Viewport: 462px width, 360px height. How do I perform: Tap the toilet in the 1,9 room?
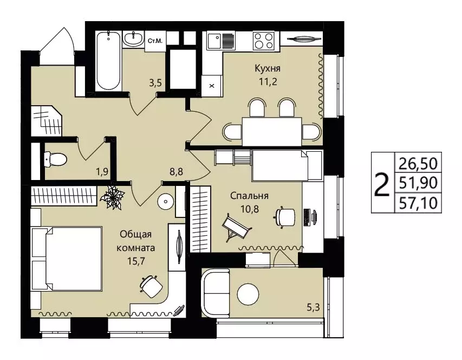click(x=55, y=159)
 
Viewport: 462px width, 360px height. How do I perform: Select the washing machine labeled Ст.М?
click(x=155, y=41)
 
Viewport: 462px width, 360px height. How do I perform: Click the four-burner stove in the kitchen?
click(x=264, y=40)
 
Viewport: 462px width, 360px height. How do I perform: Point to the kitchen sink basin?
click(x=214, y=41)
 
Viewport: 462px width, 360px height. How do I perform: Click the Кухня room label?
click(x=267, y=68)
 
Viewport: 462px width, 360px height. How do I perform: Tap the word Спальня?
click(x=249, y=196)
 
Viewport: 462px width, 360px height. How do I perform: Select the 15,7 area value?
click(x=136, y=261)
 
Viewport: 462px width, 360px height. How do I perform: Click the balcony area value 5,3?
click(x=313, y=307)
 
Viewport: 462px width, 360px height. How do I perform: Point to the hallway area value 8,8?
click(x=176, y=171)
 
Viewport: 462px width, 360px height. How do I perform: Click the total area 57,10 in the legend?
click(x=418, y=203)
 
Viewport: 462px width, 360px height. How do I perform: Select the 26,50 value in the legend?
click(x=418, y=164)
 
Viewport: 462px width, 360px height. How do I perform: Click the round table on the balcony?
click(x=248, y=294)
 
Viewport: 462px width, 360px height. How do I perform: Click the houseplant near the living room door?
click(x=112, y=197)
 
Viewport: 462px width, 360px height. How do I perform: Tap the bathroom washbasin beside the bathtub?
click(x=133, y=39)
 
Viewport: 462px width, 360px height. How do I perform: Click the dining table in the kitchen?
click(x=272, y=132)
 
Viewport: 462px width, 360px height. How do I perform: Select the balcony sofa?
click(x=215, y=294)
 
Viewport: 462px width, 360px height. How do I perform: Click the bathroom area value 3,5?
click(x=155, y=83)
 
